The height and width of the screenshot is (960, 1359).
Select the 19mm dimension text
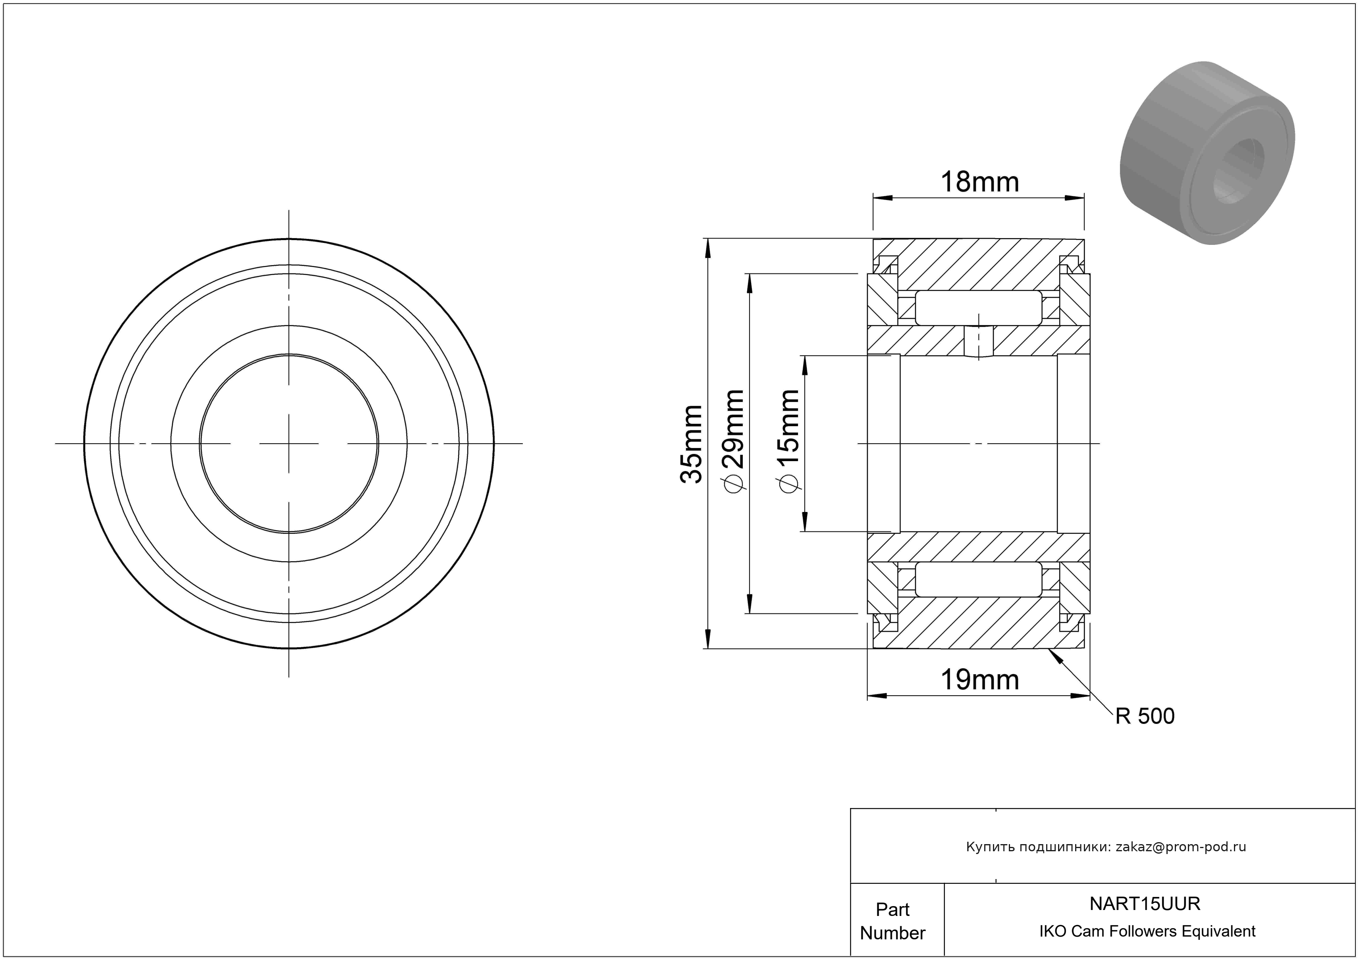tap(979, 680)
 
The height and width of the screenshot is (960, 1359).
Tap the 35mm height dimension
tap(691, 444)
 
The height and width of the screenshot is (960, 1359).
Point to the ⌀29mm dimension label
tap(732, 441)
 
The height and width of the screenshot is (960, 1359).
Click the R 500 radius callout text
tap(1145, 716)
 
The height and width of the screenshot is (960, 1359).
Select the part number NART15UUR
tap(1145, 903)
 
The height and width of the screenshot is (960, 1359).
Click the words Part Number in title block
tap(893, 921)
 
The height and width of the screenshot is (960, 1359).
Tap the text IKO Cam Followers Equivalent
tap(1147, 931)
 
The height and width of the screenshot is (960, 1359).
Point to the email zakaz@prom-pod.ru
tap(1181, 847)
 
